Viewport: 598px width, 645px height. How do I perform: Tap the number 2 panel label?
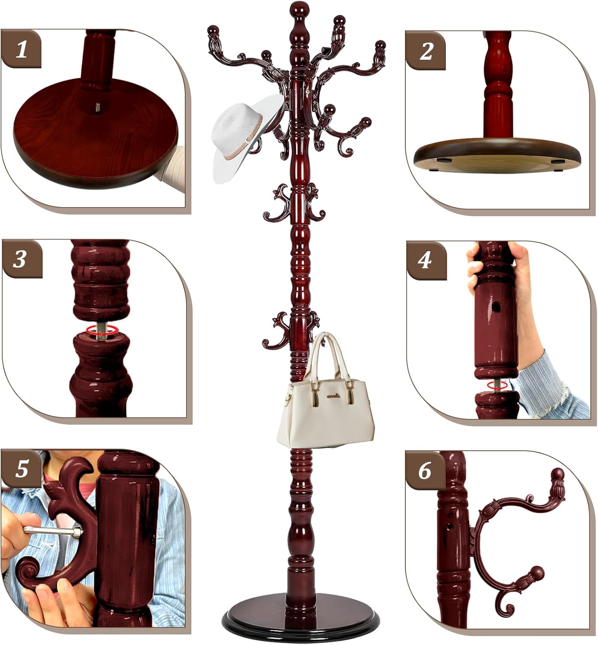tap(426, 51)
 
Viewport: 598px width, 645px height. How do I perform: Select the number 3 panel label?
tap(20, 259)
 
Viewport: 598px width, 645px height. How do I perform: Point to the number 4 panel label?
tap(425, 260)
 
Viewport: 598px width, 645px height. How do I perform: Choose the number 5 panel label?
tap(21, 469)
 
